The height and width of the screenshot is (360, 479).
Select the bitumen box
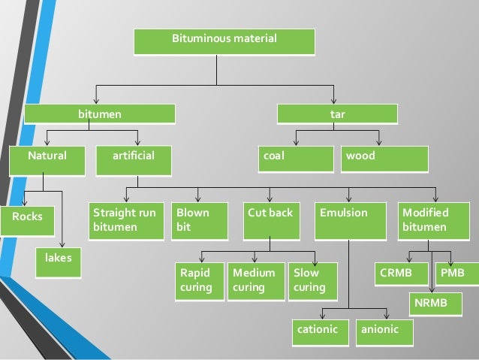coord(100,114)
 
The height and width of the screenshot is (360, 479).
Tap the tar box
coord(337,114)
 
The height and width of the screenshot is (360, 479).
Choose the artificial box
coord(134,159)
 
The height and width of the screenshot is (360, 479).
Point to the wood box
coord(384,159)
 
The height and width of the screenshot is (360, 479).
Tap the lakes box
coord(59,260)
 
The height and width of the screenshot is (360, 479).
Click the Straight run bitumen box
coord(125,221)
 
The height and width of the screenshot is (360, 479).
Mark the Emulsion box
coord(351,221)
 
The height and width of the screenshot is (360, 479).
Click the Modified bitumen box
coord(429,221)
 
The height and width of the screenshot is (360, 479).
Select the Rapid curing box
coord(199,281)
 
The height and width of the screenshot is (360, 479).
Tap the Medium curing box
coord(256,281)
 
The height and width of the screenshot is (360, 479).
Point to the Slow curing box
coord(313,281)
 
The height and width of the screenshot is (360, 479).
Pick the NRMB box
coord(433,304)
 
